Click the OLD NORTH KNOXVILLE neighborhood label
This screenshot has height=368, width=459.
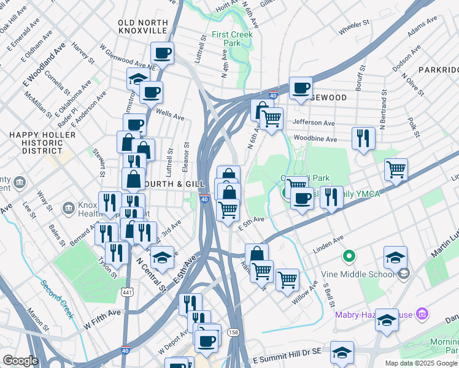tap(143, 26)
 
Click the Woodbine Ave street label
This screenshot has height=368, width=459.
tap(315, 139)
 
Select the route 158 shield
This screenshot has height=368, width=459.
tap(233, 332)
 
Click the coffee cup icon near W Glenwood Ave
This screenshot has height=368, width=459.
tap(162, 53)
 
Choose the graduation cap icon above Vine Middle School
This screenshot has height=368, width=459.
tap(396, 256)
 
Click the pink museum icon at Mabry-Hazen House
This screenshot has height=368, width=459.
tap(422, 315)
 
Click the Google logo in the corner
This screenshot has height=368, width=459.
tap(20, 361)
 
